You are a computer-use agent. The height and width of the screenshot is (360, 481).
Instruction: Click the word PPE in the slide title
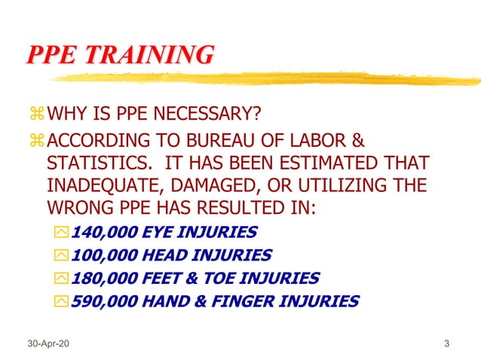click(x=51, y=54)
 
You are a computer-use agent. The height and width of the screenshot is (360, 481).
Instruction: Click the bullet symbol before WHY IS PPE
click(x=37, y=115)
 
